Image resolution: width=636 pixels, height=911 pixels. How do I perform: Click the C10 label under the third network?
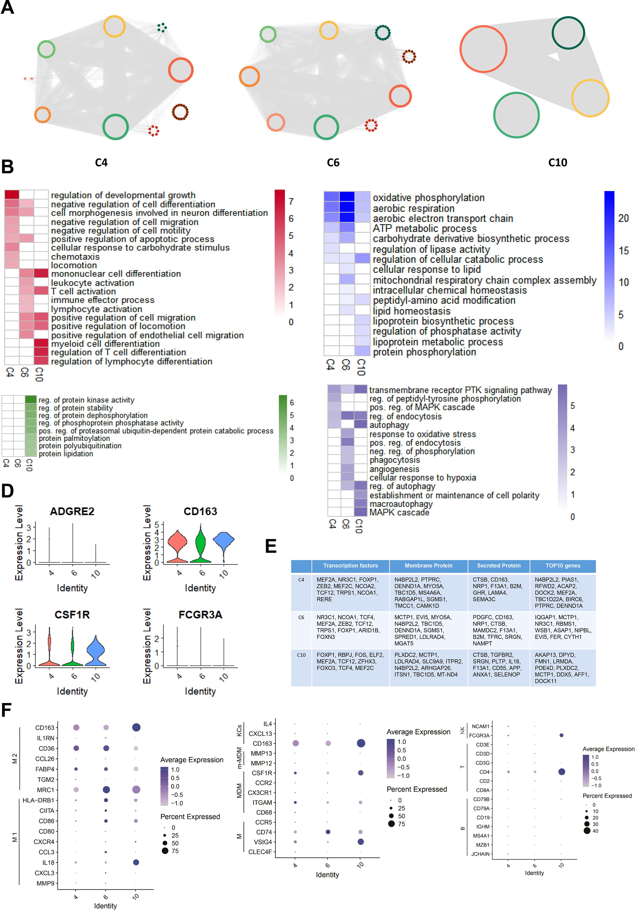558,163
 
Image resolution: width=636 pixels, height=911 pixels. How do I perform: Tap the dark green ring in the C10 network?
568,33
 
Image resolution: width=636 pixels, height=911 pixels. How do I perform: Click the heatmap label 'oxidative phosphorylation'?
428,198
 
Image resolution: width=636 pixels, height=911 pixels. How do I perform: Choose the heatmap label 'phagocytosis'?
395,460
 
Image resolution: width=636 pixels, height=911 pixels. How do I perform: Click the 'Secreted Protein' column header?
499,566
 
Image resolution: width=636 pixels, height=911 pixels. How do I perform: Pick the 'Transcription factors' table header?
350,566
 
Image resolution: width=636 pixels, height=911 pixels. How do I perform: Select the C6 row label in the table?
301,617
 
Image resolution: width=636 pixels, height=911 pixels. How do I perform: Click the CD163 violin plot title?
200,512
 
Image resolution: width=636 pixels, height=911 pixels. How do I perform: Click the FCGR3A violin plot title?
200,615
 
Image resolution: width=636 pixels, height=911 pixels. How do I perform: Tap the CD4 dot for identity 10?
561,772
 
